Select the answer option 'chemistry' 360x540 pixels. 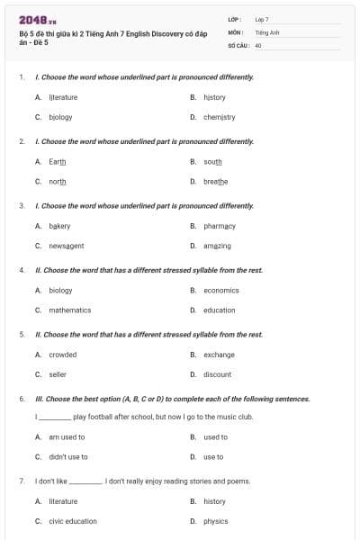[219, 117]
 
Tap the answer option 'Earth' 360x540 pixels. [57, 161]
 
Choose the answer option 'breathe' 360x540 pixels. [215, 181]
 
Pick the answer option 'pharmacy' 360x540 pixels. [219, 226]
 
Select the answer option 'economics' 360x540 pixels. [220, 291]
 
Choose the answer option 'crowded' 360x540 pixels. [62, 355]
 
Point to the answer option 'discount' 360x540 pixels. [217, 374]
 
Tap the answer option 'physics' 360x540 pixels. [215, 521]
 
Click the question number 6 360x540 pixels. [21, 399]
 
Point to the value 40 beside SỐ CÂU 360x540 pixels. [258, 44]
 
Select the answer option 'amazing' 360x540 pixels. [217, 246]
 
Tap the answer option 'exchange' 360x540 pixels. [219, 355]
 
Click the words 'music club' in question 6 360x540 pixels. [235, 418]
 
